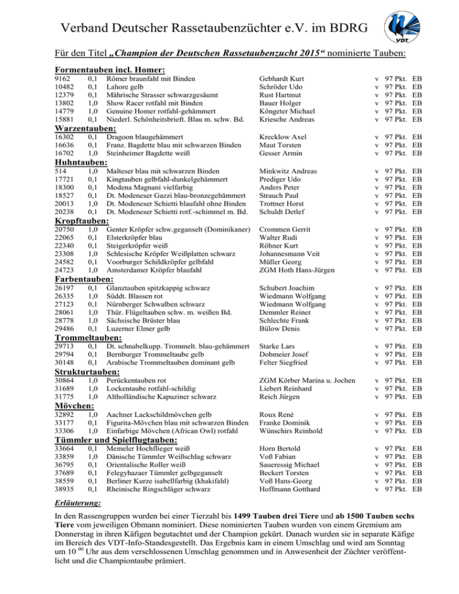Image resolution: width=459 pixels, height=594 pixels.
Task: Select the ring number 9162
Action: point(62,78)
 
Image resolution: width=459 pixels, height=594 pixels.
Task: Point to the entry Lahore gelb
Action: point(127,87)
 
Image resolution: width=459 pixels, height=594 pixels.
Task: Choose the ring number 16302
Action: point(64,137)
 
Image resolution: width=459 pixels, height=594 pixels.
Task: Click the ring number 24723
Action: point(64,271)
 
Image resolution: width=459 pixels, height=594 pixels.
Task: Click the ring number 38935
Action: point(64,489)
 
